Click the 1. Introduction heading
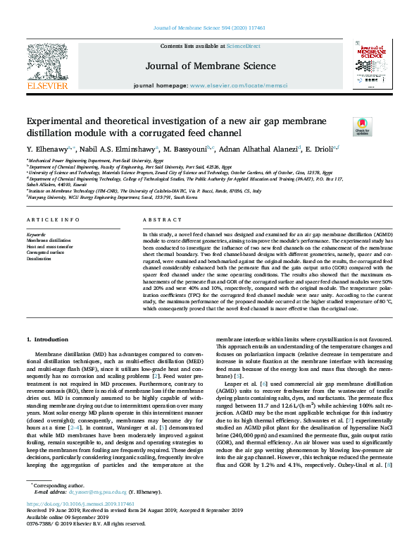(x=51, y=339)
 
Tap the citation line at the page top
(x=209, y=28)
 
